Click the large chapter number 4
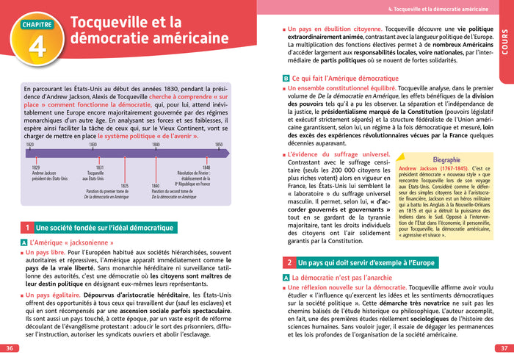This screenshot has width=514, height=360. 32,47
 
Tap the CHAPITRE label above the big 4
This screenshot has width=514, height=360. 32,24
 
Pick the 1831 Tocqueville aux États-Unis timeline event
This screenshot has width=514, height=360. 94,173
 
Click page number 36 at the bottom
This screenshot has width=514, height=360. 9,348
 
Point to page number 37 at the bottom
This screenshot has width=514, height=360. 504,348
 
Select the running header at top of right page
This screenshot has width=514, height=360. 436,9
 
